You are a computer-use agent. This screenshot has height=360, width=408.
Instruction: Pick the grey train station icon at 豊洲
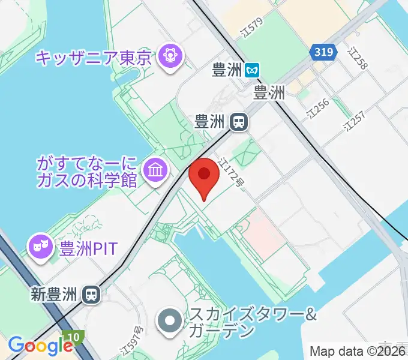[x=238, y=122]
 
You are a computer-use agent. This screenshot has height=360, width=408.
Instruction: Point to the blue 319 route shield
[x=323, y=53]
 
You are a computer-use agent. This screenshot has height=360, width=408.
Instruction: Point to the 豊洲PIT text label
[x=88, y=248]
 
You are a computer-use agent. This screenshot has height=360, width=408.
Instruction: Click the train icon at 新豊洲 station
[x=92, y=294]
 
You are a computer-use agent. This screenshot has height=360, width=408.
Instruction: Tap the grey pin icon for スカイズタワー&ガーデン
[x=170, y=320]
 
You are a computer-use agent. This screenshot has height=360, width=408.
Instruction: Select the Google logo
[x=40, y=345]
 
